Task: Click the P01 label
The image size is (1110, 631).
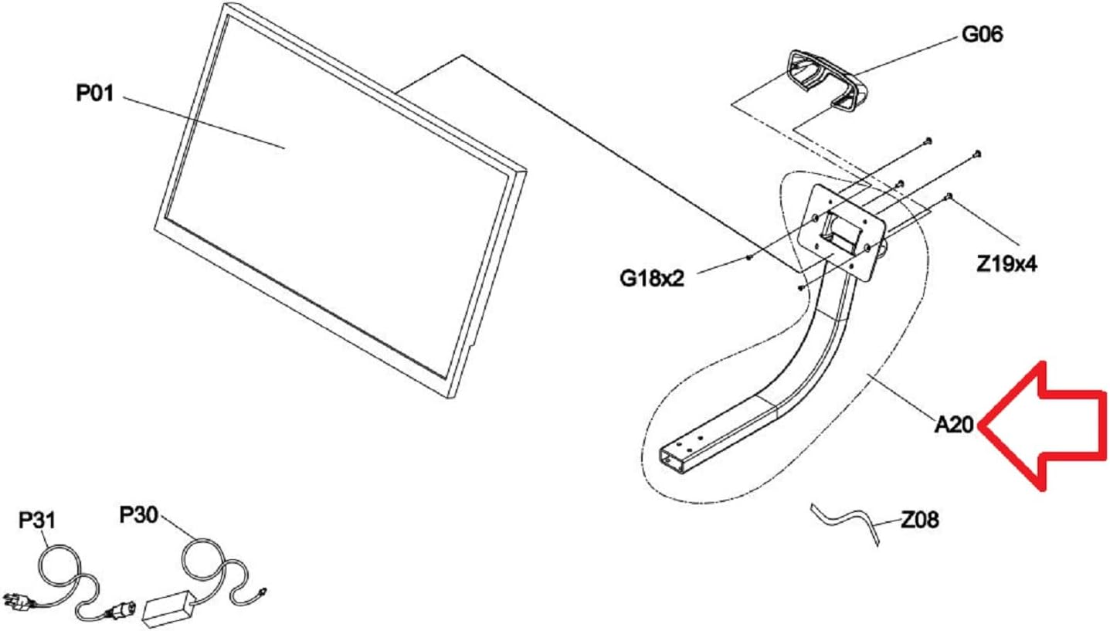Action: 94,93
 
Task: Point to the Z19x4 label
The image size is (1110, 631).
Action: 1006,265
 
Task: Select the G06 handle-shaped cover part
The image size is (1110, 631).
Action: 822,82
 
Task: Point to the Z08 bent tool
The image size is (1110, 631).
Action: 846,520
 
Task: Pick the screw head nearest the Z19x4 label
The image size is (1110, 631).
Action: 949,196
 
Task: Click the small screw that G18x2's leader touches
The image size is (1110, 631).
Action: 750,259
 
